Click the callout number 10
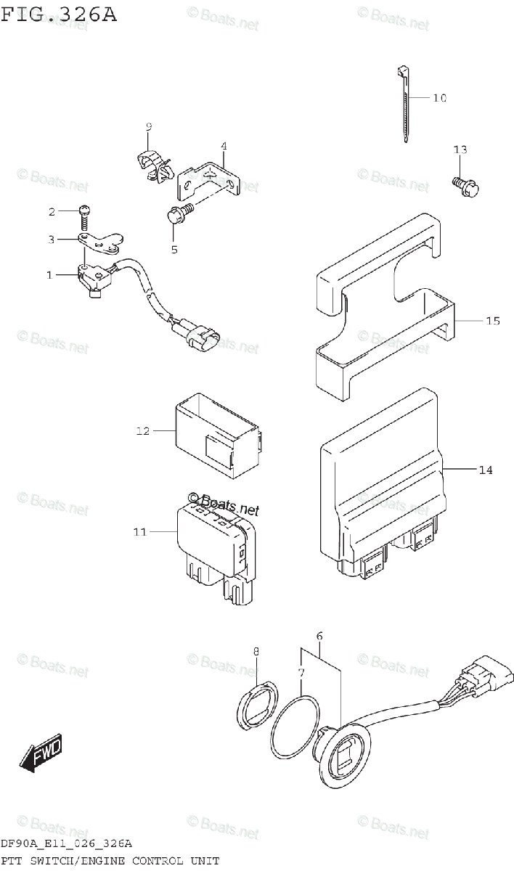pos(439,98)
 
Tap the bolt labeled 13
pos(462,187)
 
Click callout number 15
pos(492,321)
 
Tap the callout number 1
pos(50,274)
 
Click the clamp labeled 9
pos(154,164)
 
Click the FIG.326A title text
pos(58,15)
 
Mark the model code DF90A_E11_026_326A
pos(66,844)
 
